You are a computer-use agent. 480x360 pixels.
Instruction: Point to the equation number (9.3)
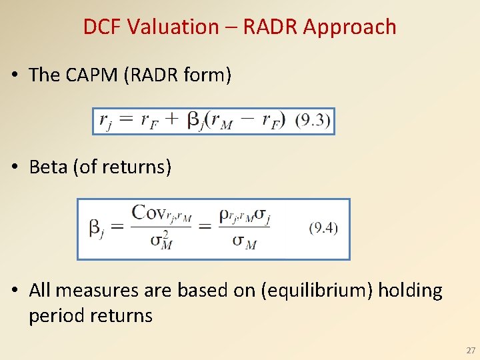pyautogui.click(x=312, y=121)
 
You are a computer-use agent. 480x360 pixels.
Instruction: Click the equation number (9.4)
pyautogui.click(x=323, y=228)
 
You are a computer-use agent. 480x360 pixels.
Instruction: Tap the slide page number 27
pyautogui.click(x=471, y=350)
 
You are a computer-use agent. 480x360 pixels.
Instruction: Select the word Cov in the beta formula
pyautogui.click(x=148, y=213)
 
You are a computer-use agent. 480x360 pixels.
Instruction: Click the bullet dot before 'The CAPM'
pyautogui.click(x=14, y=75)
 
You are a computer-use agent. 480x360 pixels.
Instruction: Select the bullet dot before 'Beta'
pyautogui.click(x=14, y=167)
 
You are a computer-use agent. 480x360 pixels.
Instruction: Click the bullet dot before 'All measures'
pyautogui.click(x=14, y=291)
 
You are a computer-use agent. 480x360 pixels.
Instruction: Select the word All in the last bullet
pyautogui.click(x=40, y=291)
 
